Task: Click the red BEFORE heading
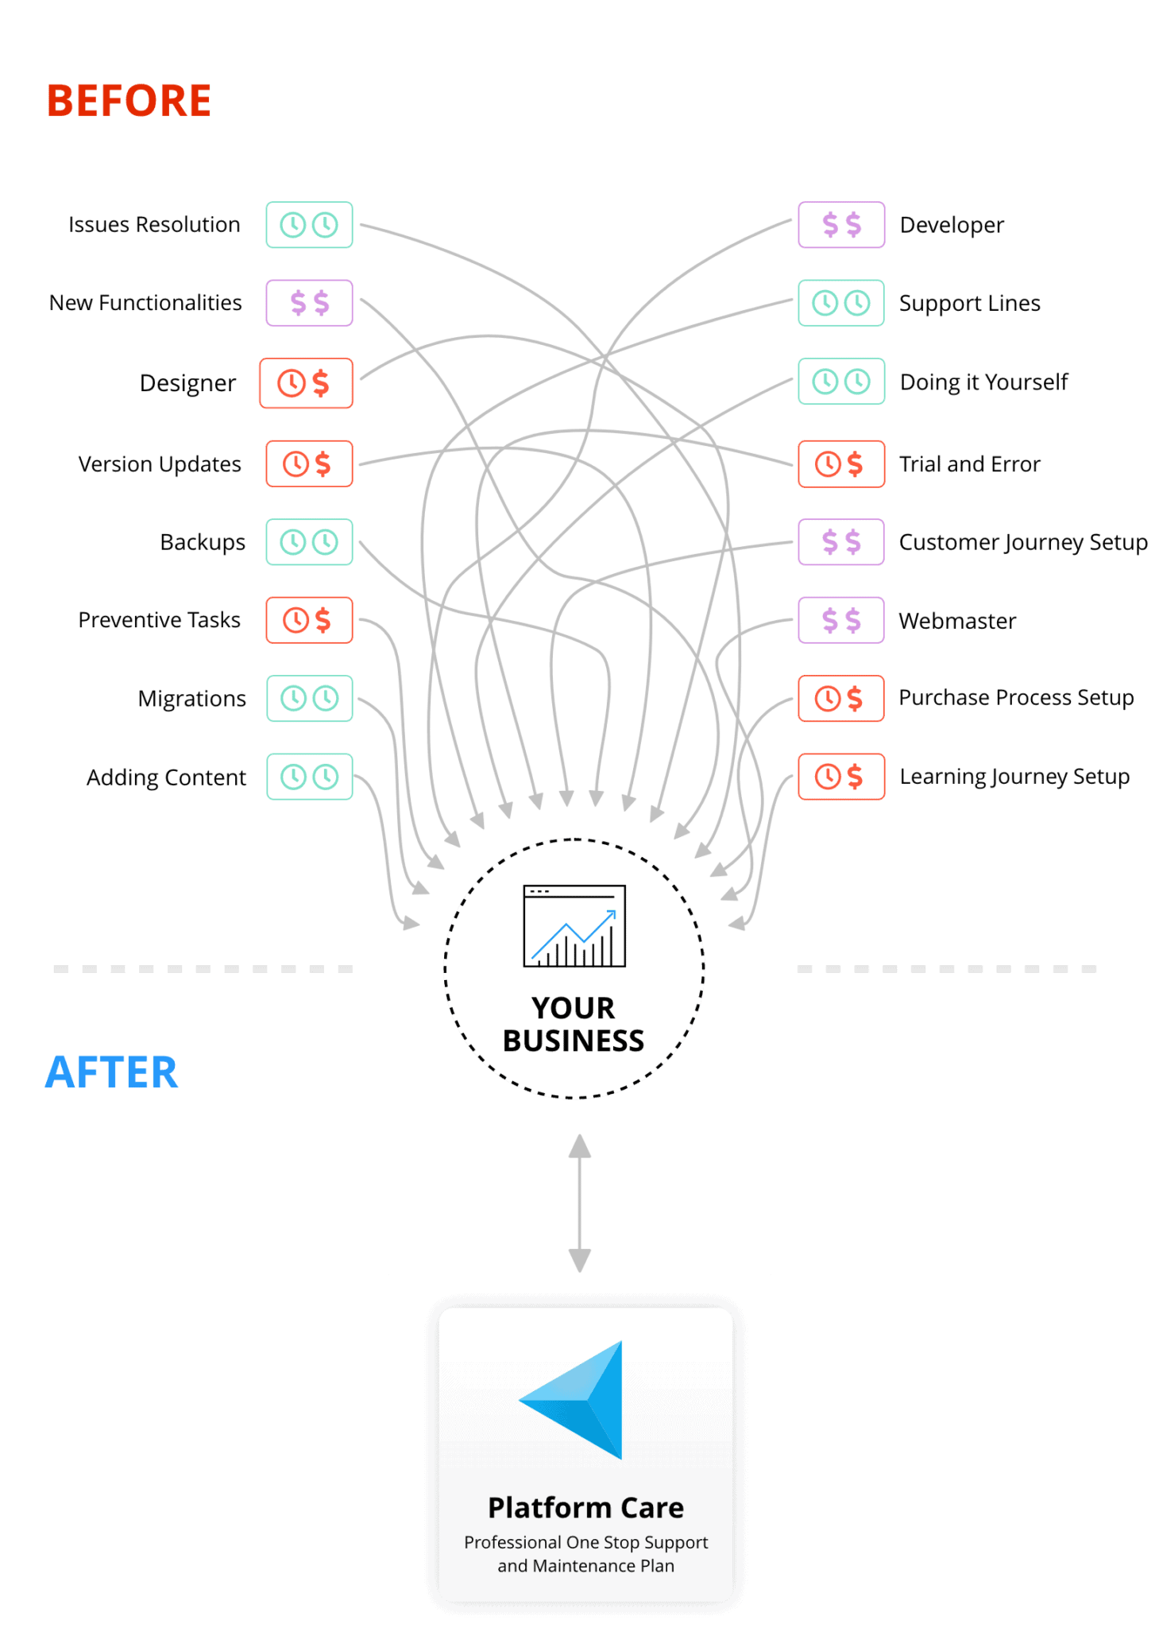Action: (129, 101)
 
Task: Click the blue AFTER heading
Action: (112, 1072)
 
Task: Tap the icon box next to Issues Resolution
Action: (309, 225)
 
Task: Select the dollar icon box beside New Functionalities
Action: (309, 303)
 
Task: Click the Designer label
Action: (187, 383)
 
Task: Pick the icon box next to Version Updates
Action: (309, 463)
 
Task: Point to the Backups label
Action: (203, 542)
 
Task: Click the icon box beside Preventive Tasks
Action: (309, 620)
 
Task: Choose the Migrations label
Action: (192, 699)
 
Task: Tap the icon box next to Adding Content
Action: (309, 777)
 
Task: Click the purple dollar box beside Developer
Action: (841, 225)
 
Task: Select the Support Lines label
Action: (969, 303)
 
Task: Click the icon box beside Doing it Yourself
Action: (841, 382)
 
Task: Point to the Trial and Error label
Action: (969, 463)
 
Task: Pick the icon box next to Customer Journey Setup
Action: (841, 542)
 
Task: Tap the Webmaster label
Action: (957, 620)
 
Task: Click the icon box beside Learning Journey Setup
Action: (841, 777)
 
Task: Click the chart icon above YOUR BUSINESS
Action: (574, 926)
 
